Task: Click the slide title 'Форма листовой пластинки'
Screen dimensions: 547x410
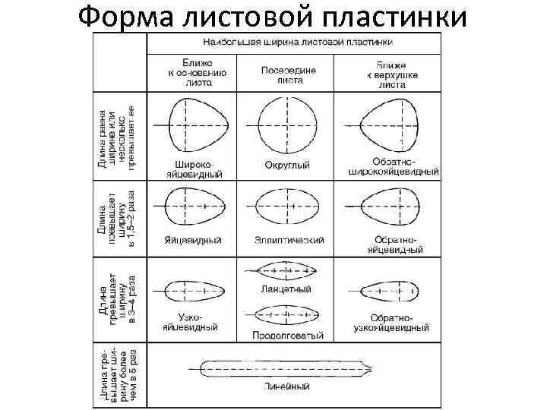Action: (x=273, y=17)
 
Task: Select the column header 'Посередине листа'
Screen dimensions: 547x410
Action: (x=289, y=74)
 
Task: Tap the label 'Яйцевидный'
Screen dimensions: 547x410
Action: (x=193, y=241)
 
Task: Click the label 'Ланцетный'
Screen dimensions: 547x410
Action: (x=289, y=289)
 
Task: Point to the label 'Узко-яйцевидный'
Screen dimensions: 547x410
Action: (x=191, y=322)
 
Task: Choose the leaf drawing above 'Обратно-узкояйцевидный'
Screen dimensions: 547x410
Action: (x=387, y=291)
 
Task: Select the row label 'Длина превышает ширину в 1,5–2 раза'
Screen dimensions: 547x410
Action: (x=122, y=219)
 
